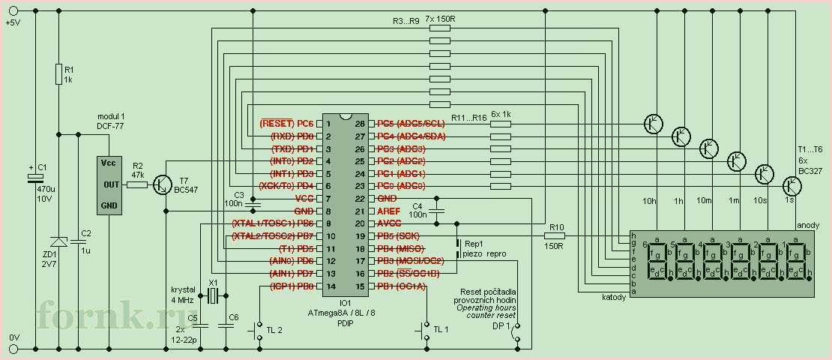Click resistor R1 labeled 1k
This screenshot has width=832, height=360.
click(58, 73)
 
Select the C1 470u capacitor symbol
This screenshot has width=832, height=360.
click(34, 178)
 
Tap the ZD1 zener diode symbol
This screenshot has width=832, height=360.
click(58, 241)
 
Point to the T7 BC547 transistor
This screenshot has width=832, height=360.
click(163, 184)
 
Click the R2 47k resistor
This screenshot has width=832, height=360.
click(137, 184)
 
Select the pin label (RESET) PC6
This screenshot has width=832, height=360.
click(286, 123)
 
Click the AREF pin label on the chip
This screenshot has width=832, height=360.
click(388, 211)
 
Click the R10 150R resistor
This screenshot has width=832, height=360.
click(555, 235)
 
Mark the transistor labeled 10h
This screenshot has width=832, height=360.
click(654, 124)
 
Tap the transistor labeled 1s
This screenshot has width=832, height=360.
click(792, 184)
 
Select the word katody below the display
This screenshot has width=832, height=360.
click(615, 298)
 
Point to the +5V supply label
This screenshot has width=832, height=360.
click(13, 22)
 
